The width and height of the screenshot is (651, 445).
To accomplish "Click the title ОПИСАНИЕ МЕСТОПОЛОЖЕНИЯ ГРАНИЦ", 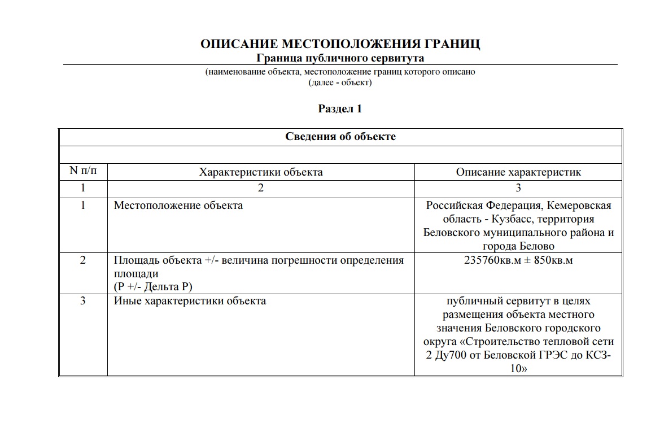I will click(340, 45).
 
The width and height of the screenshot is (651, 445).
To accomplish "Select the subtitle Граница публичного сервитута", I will click(340, 58).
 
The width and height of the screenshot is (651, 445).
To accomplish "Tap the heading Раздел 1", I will click(340, 109).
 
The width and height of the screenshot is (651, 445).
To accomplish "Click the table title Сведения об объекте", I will click(340, 137).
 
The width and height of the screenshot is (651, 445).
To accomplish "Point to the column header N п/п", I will click(83, 172).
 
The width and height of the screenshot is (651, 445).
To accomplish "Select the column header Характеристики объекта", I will click(261, 172).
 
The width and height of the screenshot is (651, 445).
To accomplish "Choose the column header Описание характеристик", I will click(518, 172).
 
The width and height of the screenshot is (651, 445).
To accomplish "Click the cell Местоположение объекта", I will click(178, 206).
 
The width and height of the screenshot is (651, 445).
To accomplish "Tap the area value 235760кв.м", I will click(492, 260).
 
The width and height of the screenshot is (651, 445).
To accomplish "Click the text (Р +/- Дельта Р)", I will click(153, 286).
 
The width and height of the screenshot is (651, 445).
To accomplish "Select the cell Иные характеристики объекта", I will click(190, 301).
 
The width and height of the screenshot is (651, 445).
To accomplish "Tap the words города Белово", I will click(518, 246).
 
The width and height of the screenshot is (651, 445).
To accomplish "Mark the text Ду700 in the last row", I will click(453, 355).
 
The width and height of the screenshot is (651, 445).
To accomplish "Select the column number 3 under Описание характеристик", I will click(518, 189).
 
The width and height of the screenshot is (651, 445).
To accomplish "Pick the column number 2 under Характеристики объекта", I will click(261, 189).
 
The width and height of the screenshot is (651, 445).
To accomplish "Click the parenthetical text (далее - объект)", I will click(340, 82).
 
